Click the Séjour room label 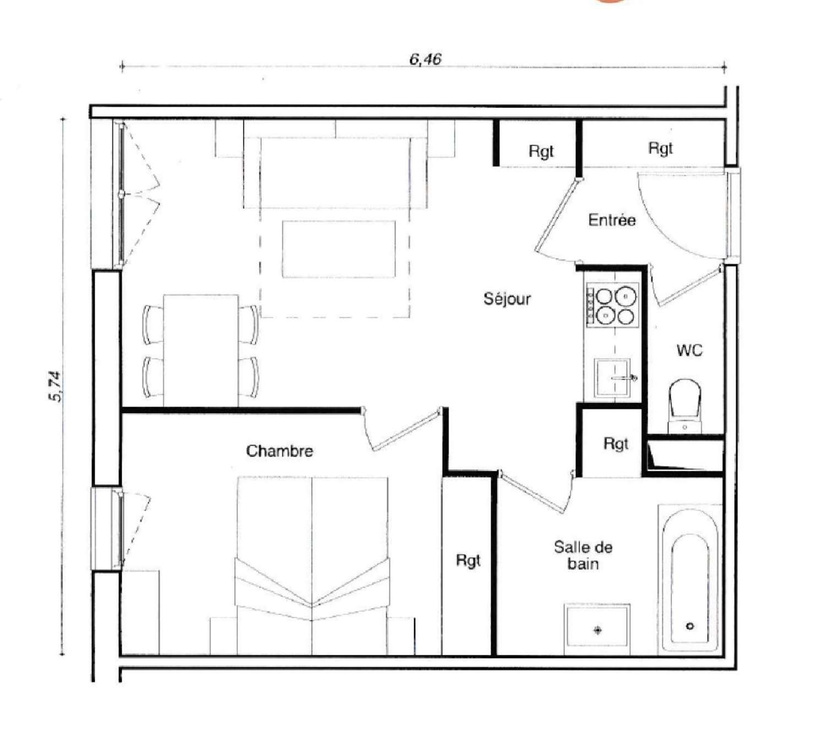click(507, 299)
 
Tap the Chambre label click(280, 451)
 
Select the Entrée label click(612, 220)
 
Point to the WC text click(689, 350)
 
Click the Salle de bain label click(583, 555)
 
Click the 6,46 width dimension click(425, 59)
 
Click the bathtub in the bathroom click(690, 578)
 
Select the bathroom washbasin click(597, 628)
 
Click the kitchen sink click(612, 378)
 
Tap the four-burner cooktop click(612, 306)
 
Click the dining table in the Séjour click(201, 350)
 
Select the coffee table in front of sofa click(339, 249)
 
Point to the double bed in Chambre click(312, 564)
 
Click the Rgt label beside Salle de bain click(468, 561)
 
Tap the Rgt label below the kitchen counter click(615, 444)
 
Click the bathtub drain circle click(690, 626)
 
